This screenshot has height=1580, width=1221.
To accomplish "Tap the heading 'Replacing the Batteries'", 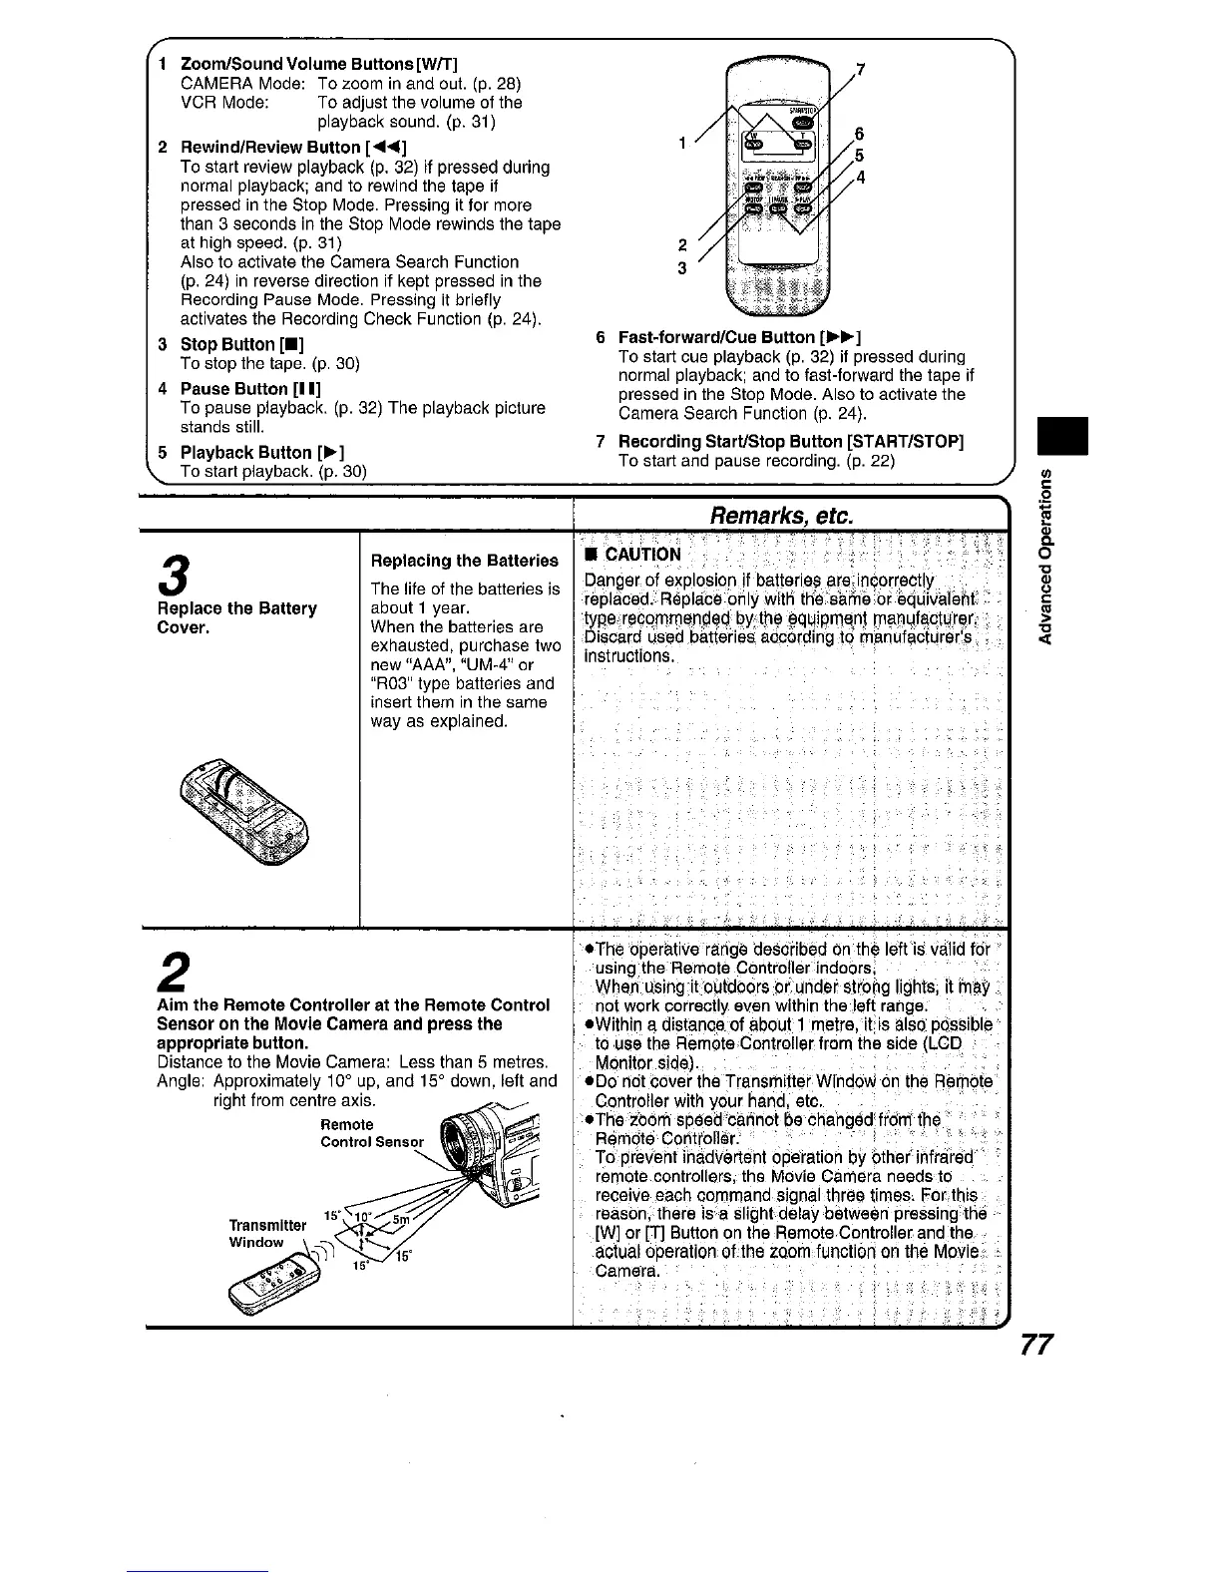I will (x=463, y=561).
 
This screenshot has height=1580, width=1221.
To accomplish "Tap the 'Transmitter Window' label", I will (x=256, y=1234).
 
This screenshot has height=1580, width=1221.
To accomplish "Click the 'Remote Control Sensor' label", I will (x=371, y=1133).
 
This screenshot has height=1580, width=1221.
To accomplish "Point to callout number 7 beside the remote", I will (x=860, y=70).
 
